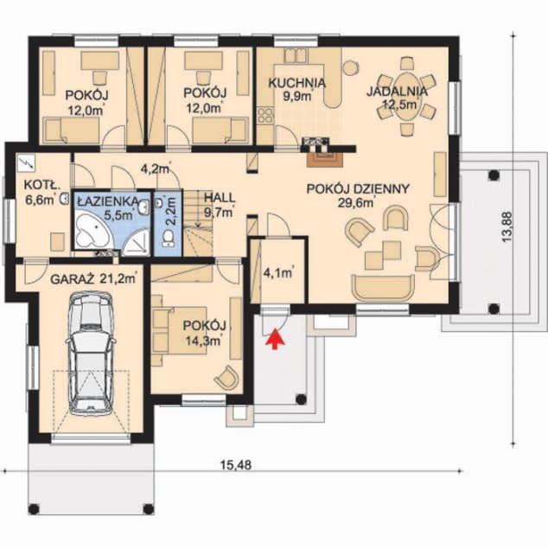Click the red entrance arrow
(x=276, y=338)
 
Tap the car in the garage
(x=91, y=354)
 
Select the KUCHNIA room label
(x=296, y=83)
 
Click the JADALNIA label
(x=397, y=92)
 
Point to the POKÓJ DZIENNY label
(x=358, y=188)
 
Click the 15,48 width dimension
(x=236, y=465)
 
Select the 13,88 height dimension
(x=507, y=226)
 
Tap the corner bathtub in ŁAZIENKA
(x=92, y=232)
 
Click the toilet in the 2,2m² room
(x=168, y=238)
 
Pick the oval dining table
(x=406, y=95)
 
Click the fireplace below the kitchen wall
(x=325, y=159)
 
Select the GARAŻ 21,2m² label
(x=93, y=279)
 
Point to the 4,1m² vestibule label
(x=277, y=273)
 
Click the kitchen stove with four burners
(x=265, y=116)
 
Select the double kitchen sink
(x=296, y=55)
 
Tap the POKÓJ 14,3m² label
(x=205, y=333)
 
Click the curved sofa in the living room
(x=384, y=287)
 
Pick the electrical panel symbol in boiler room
(x=27, y=163)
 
